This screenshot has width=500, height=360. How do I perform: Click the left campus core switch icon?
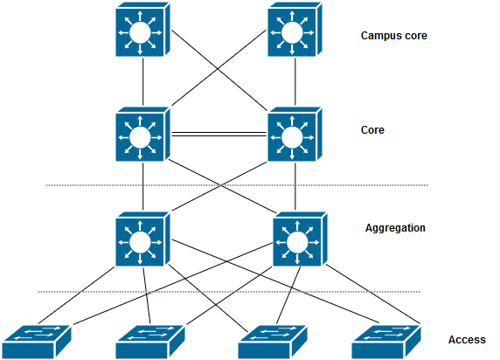(141, 34)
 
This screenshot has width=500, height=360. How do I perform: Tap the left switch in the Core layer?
(141, 135)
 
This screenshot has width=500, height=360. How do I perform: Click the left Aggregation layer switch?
(141, 239)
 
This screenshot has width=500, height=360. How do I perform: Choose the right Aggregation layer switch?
(298, 239)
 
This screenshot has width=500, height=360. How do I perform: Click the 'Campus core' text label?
(393, 37)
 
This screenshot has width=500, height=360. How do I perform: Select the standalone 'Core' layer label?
(373, 130)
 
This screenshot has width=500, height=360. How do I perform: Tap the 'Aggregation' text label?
(395, 228)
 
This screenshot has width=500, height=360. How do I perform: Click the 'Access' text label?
(468, 340)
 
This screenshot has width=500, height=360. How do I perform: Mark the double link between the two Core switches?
(218, 134)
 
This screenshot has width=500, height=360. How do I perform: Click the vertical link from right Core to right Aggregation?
(297, 188)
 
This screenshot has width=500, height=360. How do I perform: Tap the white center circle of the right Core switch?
(291, 137)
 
